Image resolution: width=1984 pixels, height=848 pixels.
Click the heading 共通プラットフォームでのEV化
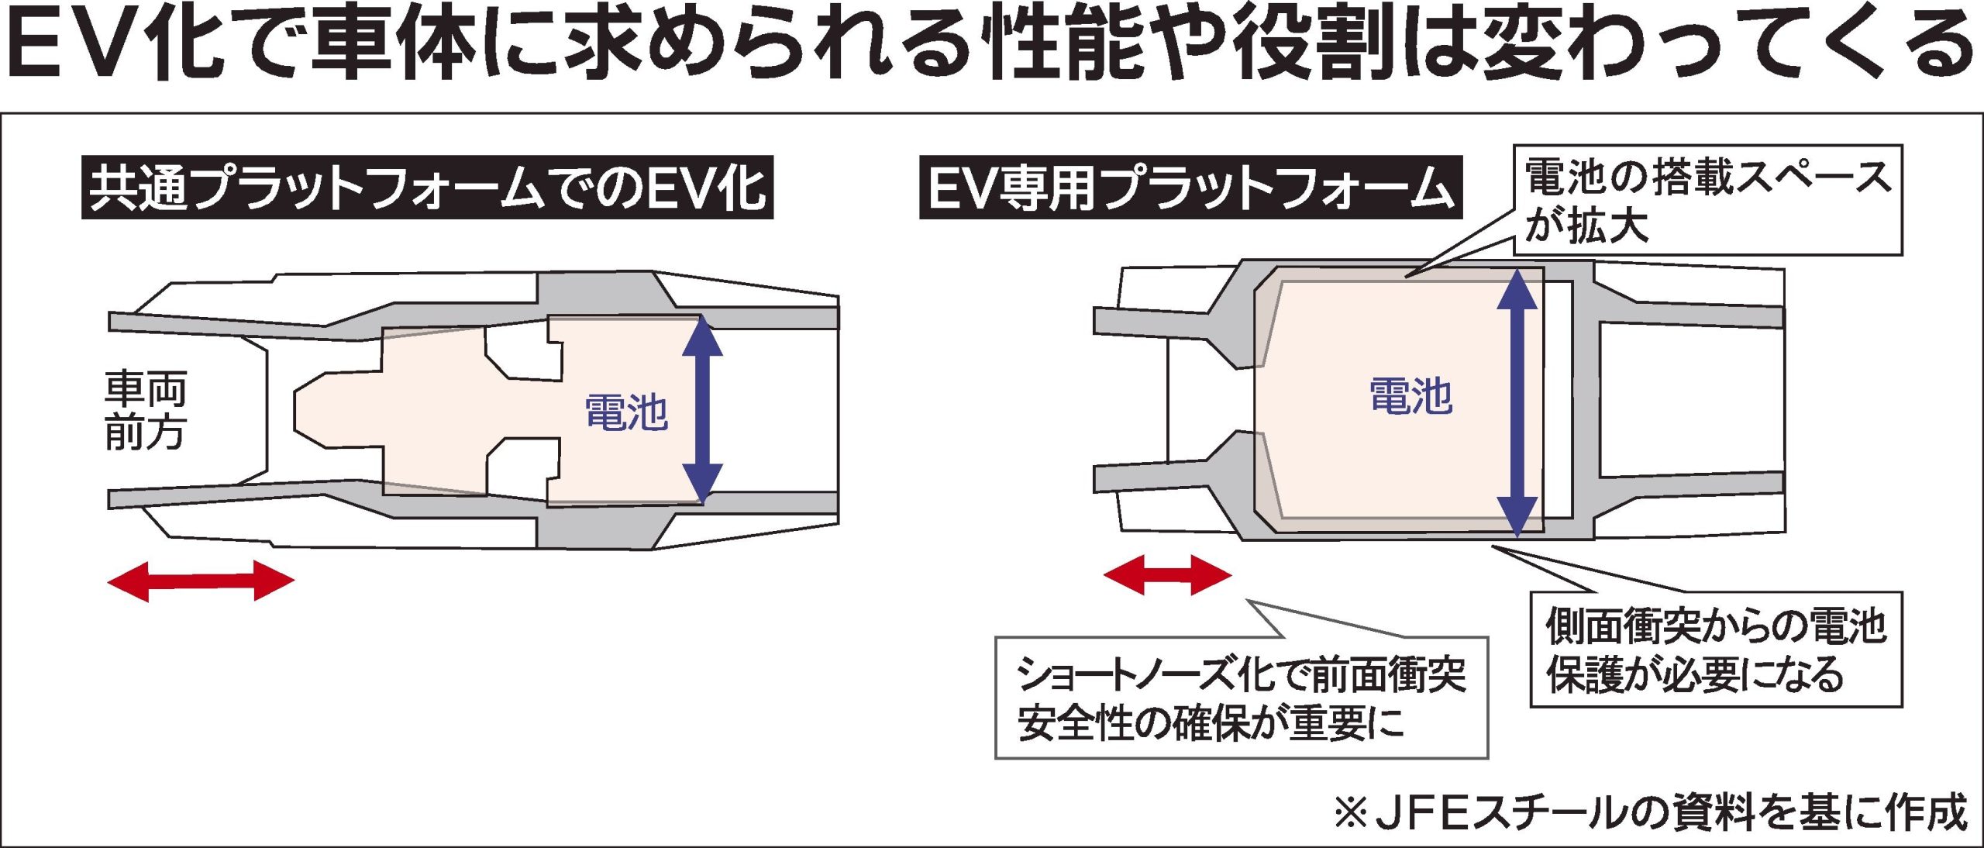click(427, 188)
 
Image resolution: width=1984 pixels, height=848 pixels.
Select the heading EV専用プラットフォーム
click(1190, 188)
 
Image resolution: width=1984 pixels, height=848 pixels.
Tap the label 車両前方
click(146, 411)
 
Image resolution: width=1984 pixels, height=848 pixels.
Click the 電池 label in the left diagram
click(626, 412)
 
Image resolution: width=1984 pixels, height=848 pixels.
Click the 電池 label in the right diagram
click(1410, 396)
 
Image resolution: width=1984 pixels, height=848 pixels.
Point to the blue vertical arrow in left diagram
click(702, 409)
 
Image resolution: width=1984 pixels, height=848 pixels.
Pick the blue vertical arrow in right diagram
click(1517, 403)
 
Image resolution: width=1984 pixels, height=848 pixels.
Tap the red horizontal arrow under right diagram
click(1167, 574)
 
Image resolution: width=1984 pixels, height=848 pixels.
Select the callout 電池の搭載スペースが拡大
click(1708, 200)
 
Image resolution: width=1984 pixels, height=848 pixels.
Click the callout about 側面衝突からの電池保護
click(1716, 650)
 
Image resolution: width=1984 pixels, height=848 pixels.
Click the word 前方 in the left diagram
click(146, 433)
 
